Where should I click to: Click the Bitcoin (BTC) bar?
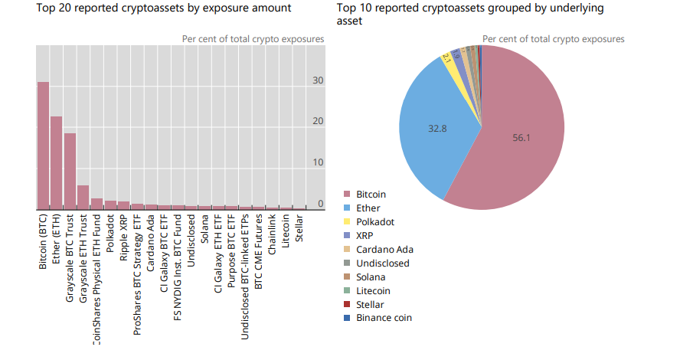click(43, 146)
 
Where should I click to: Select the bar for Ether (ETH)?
click(57, 162)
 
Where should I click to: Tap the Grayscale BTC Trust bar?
click(70, 171)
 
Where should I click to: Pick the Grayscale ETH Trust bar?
click(83, 197)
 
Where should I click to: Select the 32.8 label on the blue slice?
click(437, 129)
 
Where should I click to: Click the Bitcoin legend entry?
click(371, 195)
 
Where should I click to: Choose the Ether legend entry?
click(368, 208)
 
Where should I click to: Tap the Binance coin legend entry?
click(384, 318)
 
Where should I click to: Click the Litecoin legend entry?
click(373, 291)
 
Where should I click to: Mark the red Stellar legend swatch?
click(347, 305)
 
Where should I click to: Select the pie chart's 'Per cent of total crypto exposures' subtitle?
click(553, 39)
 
